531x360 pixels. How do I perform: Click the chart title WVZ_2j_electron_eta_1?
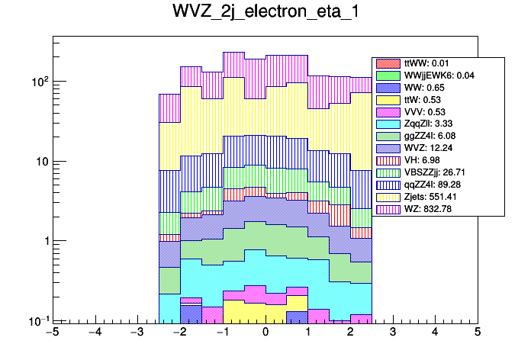point(265,15)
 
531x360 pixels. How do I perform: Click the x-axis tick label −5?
point(53,333)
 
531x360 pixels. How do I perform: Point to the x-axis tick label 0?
point(265,333)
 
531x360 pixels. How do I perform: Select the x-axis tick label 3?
point(392,333)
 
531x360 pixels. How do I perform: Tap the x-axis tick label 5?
point(477,333)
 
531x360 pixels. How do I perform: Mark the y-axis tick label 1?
point(44,241)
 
